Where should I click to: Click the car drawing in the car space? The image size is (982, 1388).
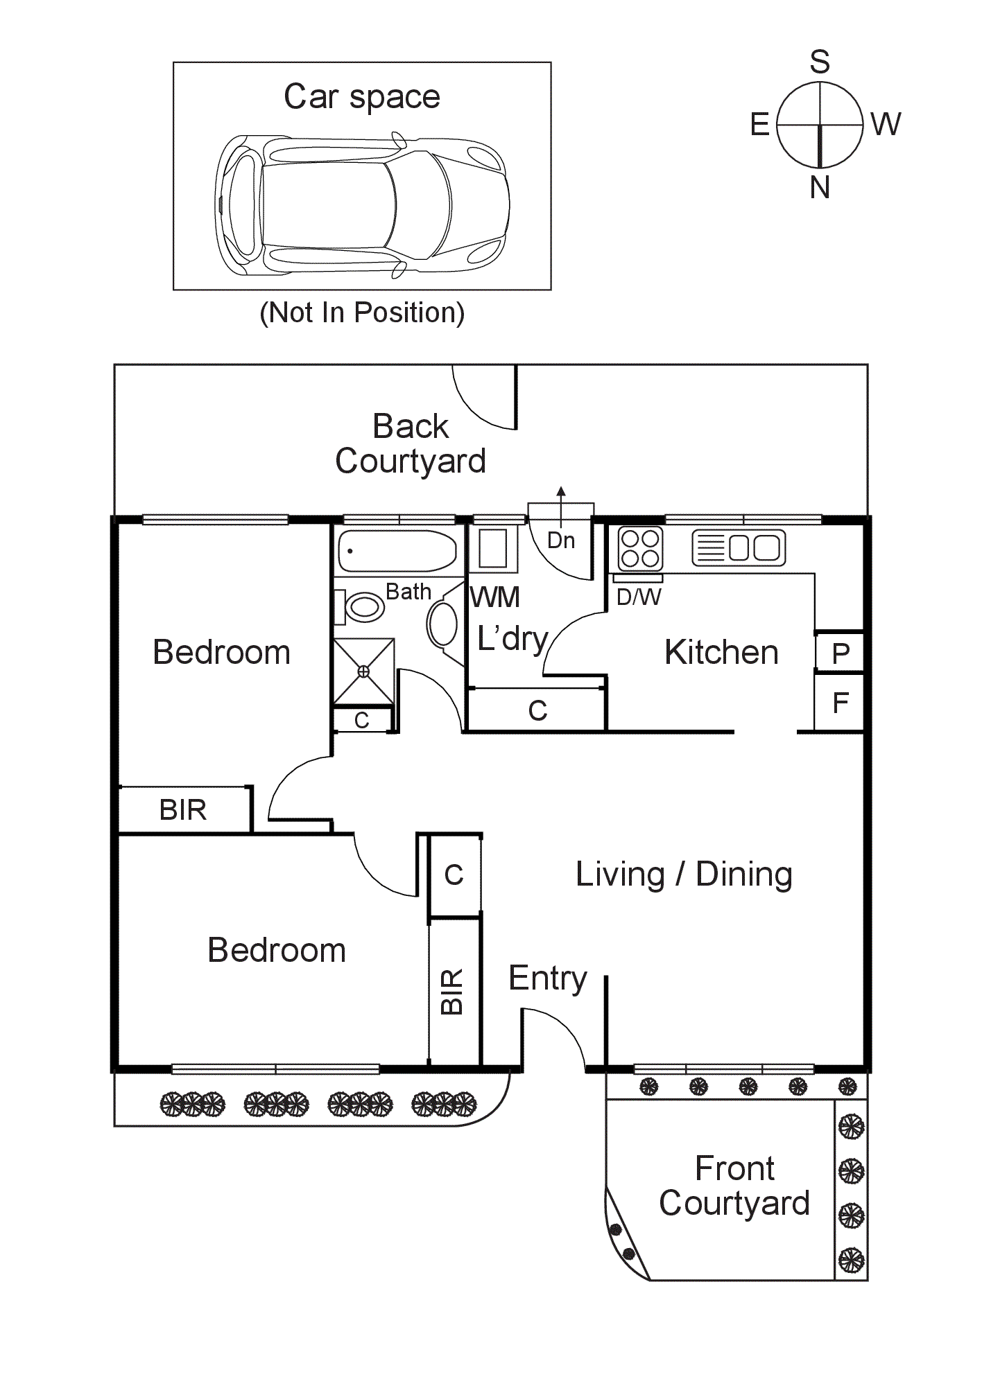tap(362, 205)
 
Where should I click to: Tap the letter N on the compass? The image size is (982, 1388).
tap(820, 188)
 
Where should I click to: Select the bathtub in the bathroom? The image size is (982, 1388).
tap(396, 551)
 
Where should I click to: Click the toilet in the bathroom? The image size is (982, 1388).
tap(362, 607)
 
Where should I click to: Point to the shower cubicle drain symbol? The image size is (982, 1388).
tap(363, 671)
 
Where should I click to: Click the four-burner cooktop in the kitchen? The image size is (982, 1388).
tap(640, 548)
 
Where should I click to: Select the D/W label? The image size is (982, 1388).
tap(639, 597)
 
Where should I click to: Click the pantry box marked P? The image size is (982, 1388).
tap(840, 653)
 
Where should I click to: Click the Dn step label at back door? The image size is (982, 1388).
tap(561, 541)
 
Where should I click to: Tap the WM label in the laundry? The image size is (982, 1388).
tap(494, 597)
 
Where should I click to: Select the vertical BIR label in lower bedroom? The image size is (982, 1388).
tap(452, 992)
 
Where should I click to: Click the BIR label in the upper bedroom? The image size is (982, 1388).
tap(183, 809)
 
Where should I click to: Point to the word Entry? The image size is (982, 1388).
tap(547, 978)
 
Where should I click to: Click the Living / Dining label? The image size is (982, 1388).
tap(684, 875)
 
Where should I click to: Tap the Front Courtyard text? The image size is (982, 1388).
tap(734, 1186)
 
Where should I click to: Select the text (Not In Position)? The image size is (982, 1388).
tap(362, 313)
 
